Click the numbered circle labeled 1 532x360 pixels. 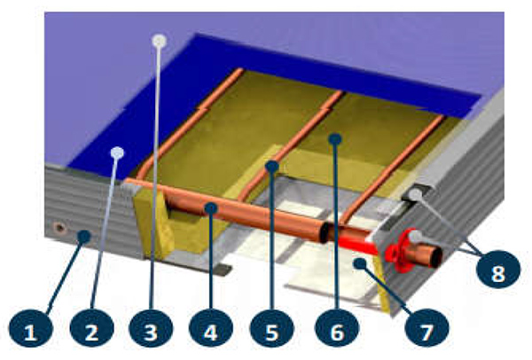click(30, 328)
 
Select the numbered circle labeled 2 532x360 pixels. click(91, 328)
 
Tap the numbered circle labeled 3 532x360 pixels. click(151, 328)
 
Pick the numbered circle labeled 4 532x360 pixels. click(211, 328)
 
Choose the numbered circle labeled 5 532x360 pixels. click(272, 328)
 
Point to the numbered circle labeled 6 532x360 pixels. click(337, 328)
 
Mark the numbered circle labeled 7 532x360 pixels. click(427, 328)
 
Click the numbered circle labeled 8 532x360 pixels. click(498, 270)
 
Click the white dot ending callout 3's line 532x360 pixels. click(160, 41)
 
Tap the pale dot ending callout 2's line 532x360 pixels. click(117, 153)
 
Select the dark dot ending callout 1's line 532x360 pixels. click(84, 237)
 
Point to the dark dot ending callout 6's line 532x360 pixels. click(335, 139)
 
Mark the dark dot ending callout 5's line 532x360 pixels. click(272, 167)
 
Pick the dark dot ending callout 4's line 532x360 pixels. click(211, 208)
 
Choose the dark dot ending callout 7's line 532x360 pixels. click(360, 263)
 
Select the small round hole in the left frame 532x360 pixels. click(60, 228)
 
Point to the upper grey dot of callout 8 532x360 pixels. click(415, 195)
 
